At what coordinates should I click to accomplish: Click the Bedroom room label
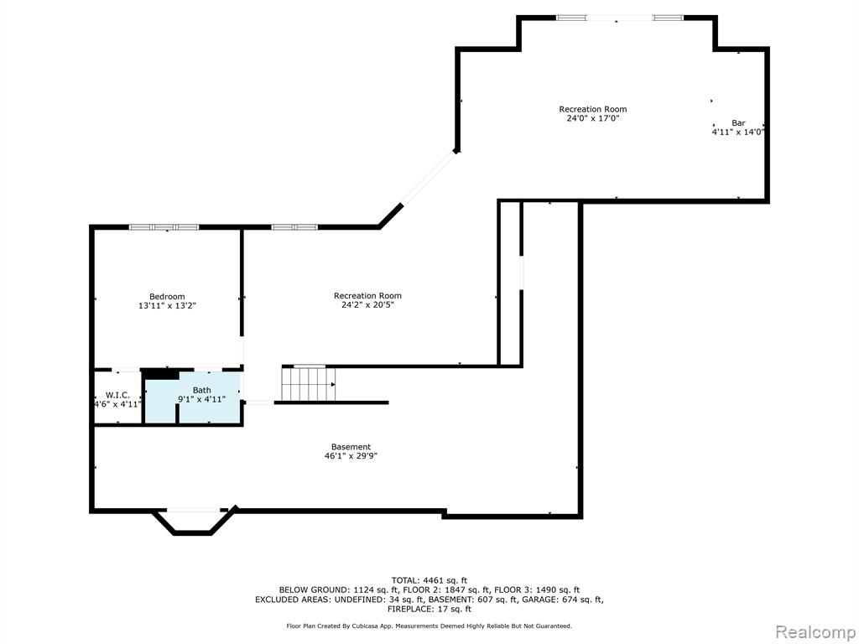pos(167,297)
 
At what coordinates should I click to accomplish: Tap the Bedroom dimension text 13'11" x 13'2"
pos(167,305)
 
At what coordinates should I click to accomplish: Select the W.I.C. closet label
pos(117,396)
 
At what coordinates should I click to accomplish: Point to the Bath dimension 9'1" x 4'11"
pos(201,399)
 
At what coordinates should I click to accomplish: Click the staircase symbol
pos(309,384)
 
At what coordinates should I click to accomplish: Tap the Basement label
pos(351,447)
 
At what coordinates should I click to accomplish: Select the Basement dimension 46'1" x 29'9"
pos(351,455)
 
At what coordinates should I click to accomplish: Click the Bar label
pos(738,123)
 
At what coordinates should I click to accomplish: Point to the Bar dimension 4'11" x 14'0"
pos(738,132)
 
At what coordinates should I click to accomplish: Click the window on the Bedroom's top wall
pos(164,226)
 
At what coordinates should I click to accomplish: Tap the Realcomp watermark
pos(815,631)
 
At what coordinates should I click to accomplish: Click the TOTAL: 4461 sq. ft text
pos(429,580)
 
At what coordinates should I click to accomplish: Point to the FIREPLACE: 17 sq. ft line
pos(429,609)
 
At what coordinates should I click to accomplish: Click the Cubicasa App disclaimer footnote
pos(429,626)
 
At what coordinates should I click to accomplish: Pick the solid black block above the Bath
pos(160,373)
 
